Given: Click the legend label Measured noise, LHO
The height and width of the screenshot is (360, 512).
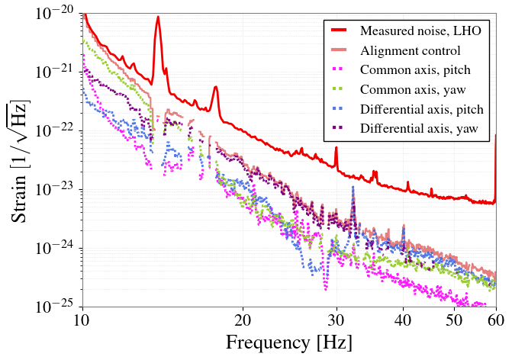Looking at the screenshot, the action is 420,31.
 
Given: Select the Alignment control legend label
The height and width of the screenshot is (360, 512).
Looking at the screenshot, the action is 410,50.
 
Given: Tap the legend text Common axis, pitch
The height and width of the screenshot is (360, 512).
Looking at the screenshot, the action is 415,70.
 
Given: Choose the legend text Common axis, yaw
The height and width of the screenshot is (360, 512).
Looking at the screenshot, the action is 413,89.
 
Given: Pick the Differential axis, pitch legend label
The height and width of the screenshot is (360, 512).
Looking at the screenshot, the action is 422,109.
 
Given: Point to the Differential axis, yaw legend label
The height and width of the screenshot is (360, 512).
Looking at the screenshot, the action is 419,129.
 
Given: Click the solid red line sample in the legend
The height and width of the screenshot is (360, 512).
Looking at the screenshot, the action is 339,31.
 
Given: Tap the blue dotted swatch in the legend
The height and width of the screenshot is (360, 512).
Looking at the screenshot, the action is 339,108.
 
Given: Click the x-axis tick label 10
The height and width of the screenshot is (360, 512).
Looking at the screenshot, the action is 82,320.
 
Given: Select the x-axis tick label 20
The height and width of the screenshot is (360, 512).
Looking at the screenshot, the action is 243,320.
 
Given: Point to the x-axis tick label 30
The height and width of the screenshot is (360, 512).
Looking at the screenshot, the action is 337,320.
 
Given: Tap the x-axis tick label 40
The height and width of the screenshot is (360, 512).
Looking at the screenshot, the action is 403,320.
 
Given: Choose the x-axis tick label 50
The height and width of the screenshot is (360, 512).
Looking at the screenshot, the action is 455,320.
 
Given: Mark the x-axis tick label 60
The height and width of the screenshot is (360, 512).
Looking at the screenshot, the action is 496,320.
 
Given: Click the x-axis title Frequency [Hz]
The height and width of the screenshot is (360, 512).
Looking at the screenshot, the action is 289,343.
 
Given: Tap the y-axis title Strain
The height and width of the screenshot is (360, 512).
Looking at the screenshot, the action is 18,199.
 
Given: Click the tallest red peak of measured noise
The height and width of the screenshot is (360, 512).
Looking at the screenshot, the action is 158,17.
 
